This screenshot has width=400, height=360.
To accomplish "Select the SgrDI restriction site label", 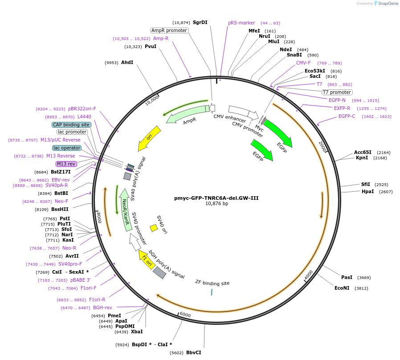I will tap(200, 22).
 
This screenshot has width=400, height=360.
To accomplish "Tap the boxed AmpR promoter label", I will tap(169, 30).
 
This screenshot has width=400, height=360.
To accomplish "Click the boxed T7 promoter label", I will tap(337, 92).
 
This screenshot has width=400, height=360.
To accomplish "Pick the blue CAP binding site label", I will tap(71, 125).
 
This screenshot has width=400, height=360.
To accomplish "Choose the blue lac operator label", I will tap(67, 148).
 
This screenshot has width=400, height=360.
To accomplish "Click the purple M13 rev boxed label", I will tap(66, 164).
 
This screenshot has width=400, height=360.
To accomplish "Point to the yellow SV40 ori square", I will tap(154, 228).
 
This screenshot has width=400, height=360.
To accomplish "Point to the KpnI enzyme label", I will tap(362, 158).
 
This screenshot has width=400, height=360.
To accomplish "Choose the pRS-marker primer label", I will tap(241, 23).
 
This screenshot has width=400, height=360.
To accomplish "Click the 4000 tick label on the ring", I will tap(309, 275).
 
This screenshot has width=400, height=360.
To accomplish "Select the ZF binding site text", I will tap(212, 283).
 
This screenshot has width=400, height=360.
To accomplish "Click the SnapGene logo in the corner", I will tap(386, 4).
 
